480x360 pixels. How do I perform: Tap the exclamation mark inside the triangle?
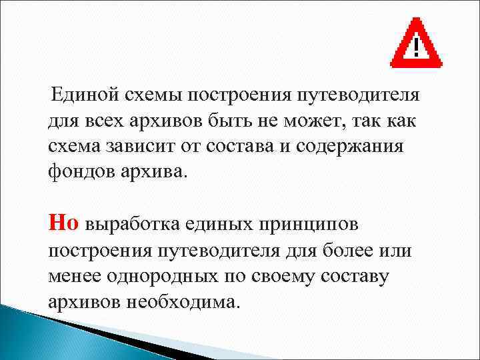click(x=417, y=47)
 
